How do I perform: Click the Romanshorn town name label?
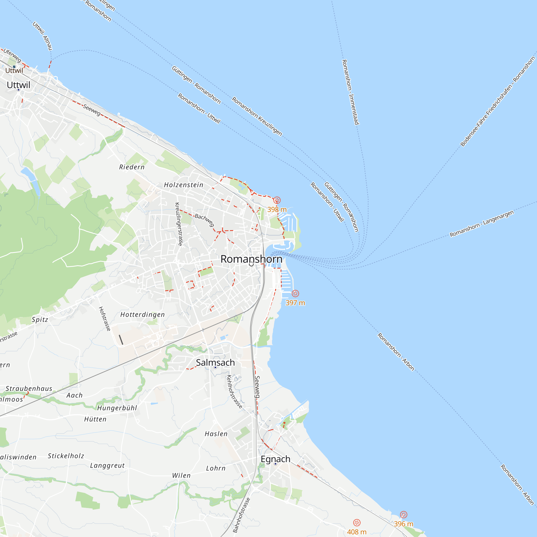pyautogui.click(x=251, y=259)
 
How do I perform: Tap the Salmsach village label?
pyautogui.click(x=215, y=362)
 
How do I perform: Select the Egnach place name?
pyautogui.click(x=275, y=459)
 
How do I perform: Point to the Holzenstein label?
pyautogui.click(x=183, y=185)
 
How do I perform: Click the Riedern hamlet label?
pyautogui.click(x=132, y=167)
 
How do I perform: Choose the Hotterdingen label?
pyautogui.click(x=143, y=314)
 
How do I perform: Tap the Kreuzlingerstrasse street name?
pyautogui.click(x=179, y=224)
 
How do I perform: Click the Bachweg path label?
pyautogui.click(x=204, y=220)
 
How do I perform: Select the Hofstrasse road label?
pyautogui.click(x=105, y=318)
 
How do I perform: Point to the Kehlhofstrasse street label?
pyautogui.click(x=234, y=392)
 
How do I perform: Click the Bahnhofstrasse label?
pyautogui.click(x=242, y=515)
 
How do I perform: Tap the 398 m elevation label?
pyautogui.click(x=277, y=210)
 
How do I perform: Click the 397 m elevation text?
pyautogui.click(x=295, y=303)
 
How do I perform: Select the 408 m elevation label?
pyautogui.click(x=357, y=532)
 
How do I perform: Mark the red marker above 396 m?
pyautogui.click(x=404, y=514)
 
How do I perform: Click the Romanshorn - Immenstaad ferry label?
pyautogui.click(x=350, y=92)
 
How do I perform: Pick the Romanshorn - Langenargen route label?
pyautogui.click(x=482, y=224)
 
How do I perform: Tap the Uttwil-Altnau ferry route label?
pyautogui.click(x=42, y=36)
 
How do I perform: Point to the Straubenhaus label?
pyautogui.click(x=29, y=388)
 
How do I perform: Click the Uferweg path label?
pyautogui.click(x=12, y=56)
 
